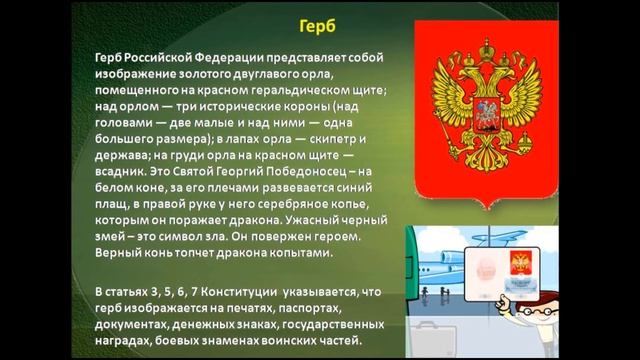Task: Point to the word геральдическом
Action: pyautogui.click(x=289, y=93)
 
